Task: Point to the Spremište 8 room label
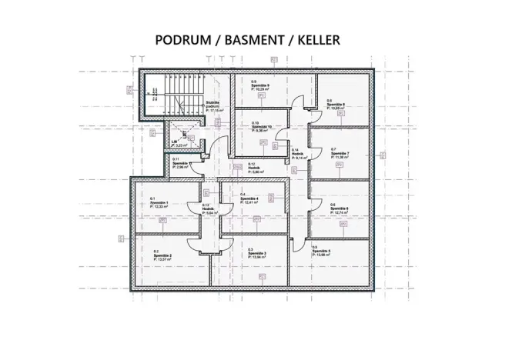(337, 105)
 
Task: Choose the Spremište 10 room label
(263, 127)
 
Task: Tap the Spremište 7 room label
(340, 153)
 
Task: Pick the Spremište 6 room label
(340, 208)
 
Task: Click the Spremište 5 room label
(322, 252)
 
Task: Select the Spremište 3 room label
(258, 253)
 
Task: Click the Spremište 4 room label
(249, 198)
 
